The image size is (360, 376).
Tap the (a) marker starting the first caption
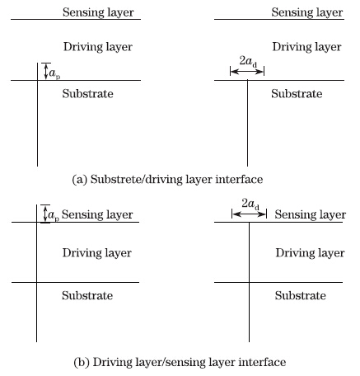pos(80,180)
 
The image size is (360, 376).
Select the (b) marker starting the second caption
pos(82,362)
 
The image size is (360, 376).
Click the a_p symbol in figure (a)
pos(54,73)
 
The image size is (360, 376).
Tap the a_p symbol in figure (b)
pos(54,215)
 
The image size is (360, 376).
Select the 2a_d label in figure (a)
pos(248,61)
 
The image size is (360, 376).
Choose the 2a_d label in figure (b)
pos(250,204)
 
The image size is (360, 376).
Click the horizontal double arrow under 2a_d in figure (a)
pos(247,72)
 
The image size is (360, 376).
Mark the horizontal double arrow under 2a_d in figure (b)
pos(249,214)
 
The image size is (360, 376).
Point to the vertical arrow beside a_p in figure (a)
pos(46,72)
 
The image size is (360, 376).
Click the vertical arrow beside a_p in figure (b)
pos(45,214)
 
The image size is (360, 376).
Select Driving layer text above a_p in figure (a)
pos(98,47)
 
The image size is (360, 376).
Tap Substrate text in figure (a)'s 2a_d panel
pos(297,94)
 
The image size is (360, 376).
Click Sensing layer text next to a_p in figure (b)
pos(97,214)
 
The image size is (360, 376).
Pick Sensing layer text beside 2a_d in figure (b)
pos(311,214)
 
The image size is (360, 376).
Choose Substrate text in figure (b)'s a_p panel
pos(87,295)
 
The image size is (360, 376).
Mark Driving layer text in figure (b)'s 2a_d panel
pos(310,253)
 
